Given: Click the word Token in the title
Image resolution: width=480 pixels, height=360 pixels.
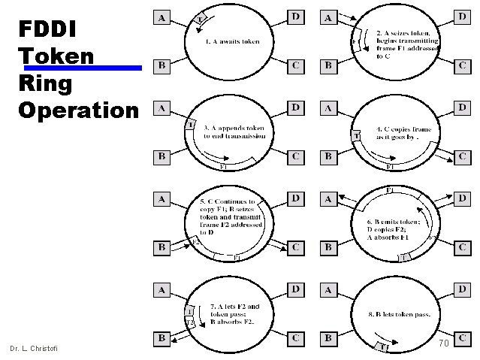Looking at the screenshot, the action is coord(56,56).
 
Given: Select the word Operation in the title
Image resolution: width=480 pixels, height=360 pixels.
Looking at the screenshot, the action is coord(79,110).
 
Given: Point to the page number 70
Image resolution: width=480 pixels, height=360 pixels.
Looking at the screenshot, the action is coord(443,343).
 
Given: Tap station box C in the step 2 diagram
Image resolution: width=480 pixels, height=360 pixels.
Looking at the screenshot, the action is coord(463,67).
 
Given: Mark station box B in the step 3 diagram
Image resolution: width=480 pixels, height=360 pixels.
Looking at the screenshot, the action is coord(162,156).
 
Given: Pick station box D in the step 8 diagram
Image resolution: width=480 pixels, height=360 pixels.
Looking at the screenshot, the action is coord(463,289).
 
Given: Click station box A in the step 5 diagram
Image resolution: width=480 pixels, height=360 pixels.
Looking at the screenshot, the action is coord(162,199).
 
